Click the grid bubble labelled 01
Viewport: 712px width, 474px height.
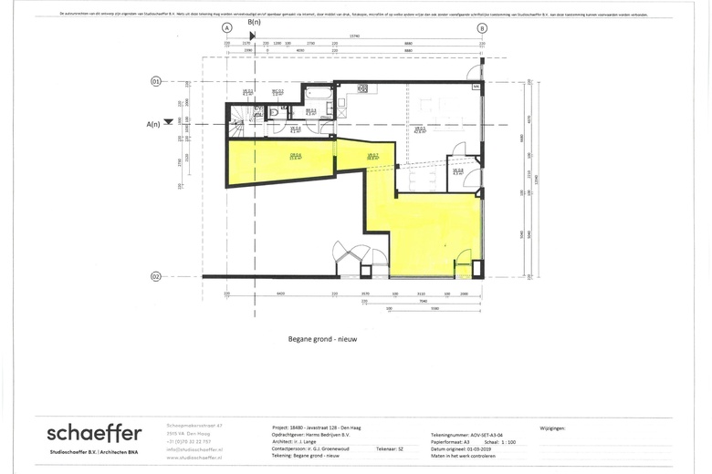tap(155, 82)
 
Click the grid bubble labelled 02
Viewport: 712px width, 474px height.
tap(155, 276)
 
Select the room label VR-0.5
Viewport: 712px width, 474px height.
tap(420, 129)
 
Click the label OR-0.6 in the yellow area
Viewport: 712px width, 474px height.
tap(296, 156)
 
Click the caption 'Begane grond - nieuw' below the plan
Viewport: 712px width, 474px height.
tap(322, 338)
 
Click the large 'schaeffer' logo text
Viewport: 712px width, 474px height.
tap(95, 432)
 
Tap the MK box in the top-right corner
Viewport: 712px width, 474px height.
tap(476, 87)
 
